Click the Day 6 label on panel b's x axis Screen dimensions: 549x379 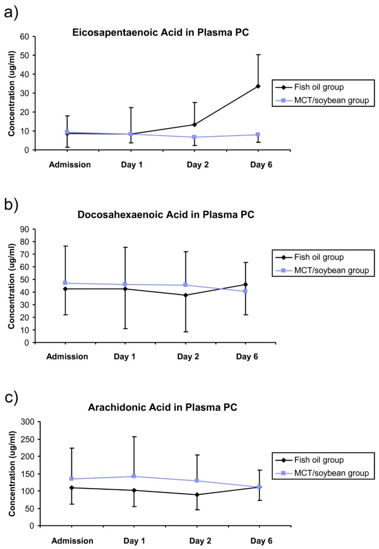click(246, 356)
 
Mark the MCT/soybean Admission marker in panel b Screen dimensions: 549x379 click(66, 283)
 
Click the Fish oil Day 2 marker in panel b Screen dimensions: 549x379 click(185, 295)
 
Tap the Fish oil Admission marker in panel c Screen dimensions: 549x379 click(65, 488)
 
